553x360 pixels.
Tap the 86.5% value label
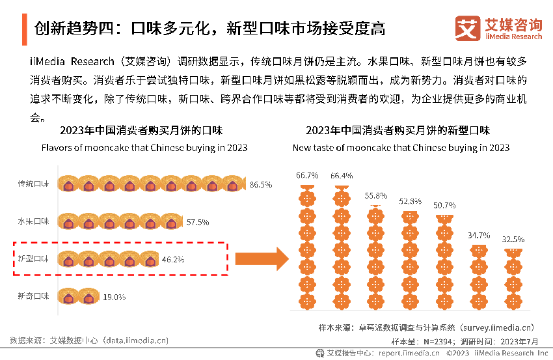click(x=261, y=185)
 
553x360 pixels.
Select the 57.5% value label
click(x=198, y=222)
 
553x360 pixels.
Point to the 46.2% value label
click(x=173, y=260)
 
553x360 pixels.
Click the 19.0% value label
click(x=115, y=297)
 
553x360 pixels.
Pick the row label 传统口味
click(x=33, y=184)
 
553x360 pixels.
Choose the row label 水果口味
click(x=33, y=222)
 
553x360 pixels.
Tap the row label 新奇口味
click(x=33, y=297)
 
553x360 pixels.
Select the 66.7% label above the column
click(x=307, y=176)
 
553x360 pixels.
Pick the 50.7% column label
click(x=445, y=206)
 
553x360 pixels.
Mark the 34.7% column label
click(x=479, y=235)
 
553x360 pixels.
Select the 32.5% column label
click(x=513, y=240)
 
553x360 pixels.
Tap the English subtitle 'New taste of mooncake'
click(x=401, y=148)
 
